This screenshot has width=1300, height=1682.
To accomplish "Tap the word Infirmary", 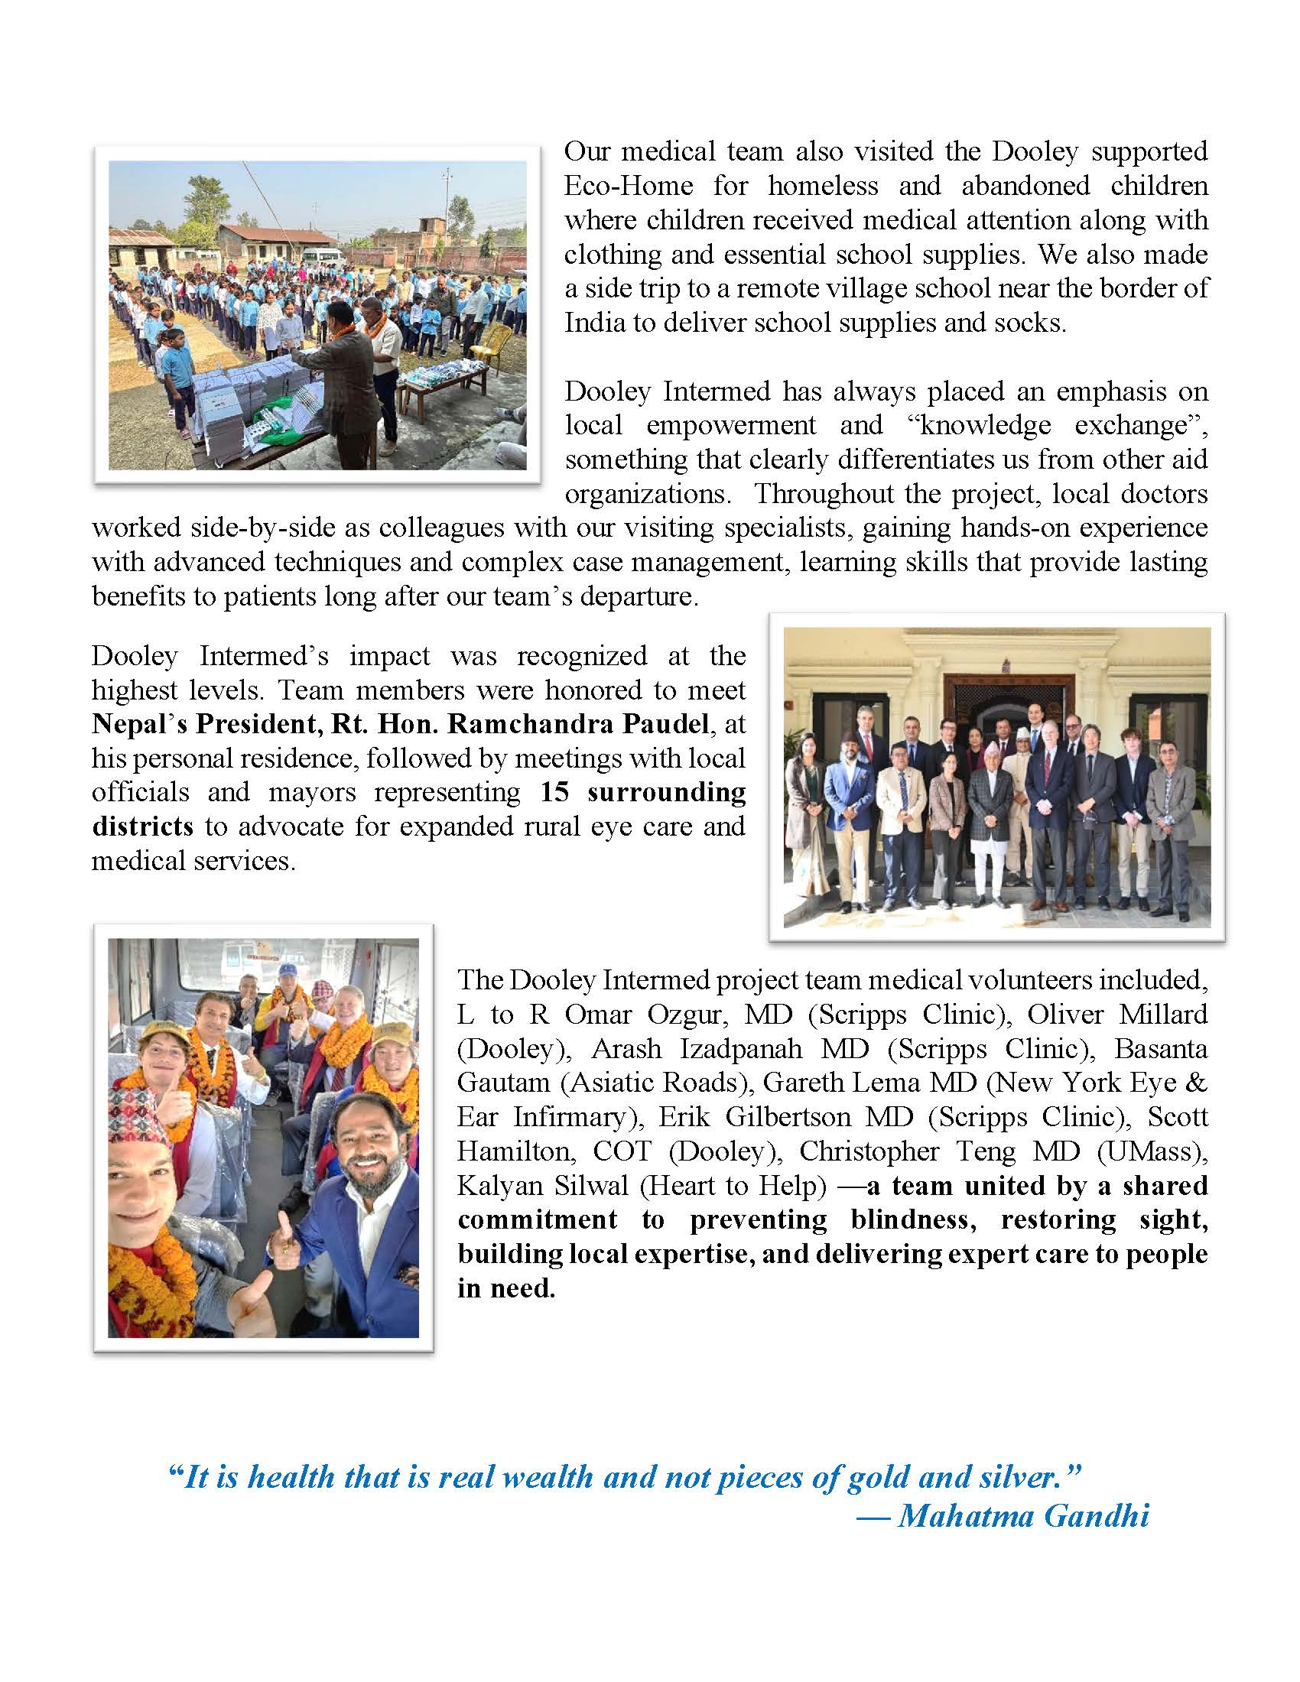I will pos(569,1118).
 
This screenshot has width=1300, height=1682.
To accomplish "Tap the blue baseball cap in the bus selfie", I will pos(288,971).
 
